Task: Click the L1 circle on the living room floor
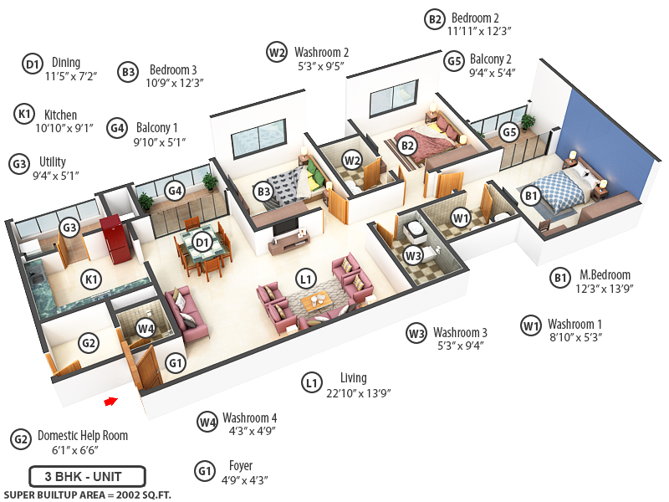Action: tap(306, 277)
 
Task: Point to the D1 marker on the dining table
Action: tap(201, 243)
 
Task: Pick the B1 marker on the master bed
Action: tap(530, 196)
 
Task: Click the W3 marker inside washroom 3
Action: tap(413, 254)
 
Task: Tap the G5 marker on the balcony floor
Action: tap(508, 133)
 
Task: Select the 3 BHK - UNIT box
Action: tap(87, 477)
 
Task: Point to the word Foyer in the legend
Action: tap(240, 466)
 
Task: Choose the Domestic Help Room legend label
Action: tap(83, 436)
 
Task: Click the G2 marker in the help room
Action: tap(89, 341)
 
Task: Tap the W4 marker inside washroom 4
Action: tap(146, 329)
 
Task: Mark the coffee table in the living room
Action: tap(317, 303)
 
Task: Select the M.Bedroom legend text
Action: tap(605, 275)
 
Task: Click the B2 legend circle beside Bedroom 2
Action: tap(434, 19)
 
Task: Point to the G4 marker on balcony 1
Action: tap(175, 191)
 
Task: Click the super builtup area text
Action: tap(87, 494)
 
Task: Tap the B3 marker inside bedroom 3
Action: tap(263, 191)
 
